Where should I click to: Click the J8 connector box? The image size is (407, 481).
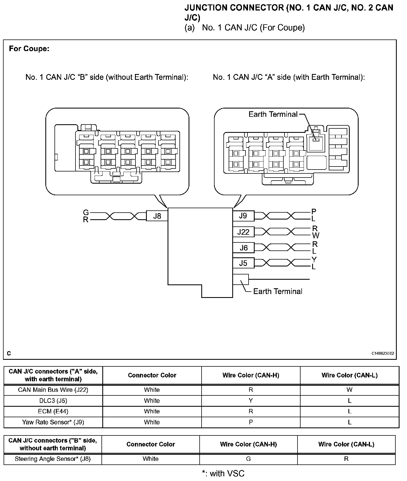[157, 216]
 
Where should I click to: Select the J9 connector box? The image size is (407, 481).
[243, 216]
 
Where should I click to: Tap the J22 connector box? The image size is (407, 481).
[243, 232]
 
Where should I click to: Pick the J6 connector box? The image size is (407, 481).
[244, 248]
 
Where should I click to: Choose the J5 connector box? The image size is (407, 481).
[243, 263]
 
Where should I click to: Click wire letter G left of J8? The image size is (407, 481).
[86, 213]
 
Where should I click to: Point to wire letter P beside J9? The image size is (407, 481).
[314, 212]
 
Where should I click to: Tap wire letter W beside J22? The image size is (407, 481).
[316, 236]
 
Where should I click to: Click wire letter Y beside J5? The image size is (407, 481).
[314, 260]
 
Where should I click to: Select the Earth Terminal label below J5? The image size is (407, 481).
[278, 291]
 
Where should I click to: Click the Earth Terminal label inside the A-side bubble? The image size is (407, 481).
[273, 114]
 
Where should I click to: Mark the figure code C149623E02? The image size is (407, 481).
[383, 353]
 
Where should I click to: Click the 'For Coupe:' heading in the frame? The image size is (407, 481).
[29, 49]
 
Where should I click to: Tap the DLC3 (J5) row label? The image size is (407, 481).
[53, 401]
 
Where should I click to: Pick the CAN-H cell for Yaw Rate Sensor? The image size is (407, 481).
[251, 422]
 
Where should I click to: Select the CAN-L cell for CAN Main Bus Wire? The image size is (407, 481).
[349, 390]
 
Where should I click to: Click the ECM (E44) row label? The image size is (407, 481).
[53, 411]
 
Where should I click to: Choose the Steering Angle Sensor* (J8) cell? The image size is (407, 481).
[53, 459]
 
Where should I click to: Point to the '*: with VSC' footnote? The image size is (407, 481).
[223, 474]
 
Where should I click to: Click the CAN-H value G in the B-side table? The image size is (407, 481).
[248, 459]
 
